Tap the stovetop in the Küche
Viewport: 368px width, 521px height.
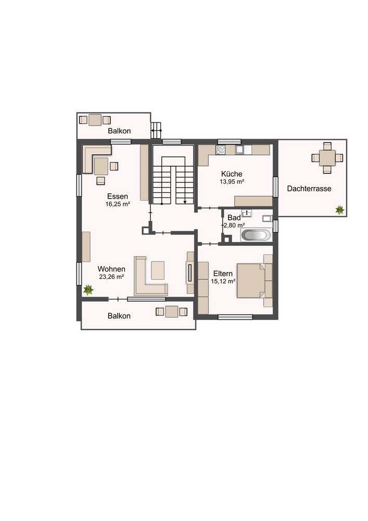[220, 150]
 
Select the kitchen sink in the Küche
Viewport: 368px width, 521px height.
[240, 150]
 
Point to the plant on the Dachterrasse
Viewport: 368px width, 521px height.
[339, 210]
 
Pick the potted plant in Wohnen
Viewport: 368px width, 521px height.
[88, 290]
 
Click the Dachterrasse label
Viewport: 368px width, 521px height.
[309, 189]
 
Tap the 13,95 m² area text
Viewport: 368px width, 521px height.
[232, 182]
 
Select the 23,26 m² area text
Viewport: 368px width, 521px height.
[111, 277]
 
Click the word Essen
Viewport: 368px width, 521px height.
[118, 196]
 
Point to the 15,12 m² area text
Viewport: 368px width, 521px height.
[223, 281]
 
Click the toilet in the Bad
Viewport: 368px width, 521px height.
[267, 218]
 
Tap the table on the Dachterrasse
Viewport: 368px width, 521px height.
[327, 158]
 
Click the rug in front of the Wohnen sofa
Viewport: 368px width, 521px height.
[158, 270]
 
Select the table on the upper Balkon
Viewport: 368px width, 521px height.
[95, 120]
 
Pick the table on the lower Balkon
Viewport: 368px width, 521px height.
[172, 312]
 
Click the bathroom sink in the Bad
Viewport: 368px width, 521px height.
[247, 213]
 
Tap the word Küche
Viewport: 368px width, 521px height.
[232, 174]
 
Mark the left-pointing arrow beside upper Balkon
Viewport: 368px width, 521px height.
[156, 131]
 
